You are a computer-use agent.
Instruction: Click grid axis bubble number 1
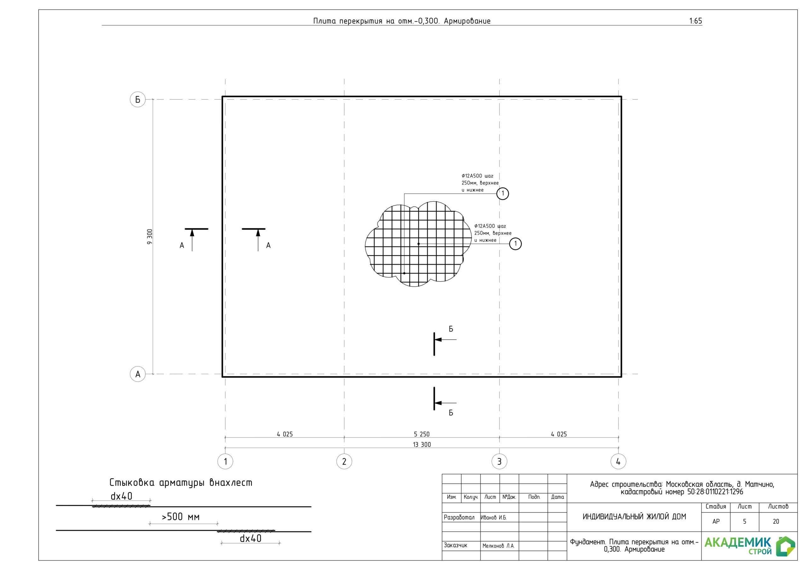225,461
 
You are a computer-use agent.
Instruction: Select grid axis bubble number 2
344,461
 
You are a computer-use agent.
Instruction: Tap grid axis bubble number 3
499,461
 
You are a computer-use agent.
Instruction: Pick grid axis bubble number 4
618,461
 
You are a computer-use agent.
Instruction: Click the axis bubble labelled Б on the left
138,100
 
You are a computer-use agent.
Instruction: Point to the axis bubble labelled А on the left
138,374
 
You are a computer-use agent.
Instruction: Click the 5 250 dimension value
421,434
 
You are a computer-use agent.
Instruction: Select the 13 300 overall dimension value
422,445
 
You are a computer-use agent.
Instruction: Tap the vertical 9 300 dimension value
150,237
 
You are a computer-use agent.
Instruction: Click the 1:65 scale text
696,21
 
